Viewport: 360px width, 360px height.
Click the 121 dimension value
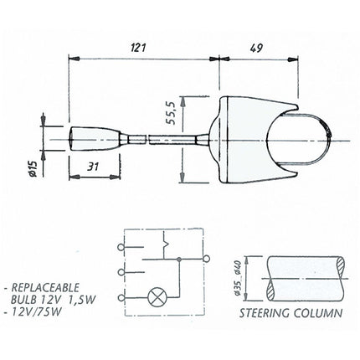(x=138, y=48)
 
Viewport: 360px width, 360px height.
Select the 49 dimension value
(x=256, y=48)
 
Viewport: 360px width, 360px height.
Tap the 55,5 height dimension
(x=170, y=112)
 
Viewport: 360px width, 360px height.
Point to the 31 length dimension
(x=93, y=167)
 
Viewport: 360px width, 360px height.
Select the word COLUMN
(x=318, y=313)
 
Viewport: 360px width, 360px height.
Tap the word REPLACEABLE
(x=45, y=287)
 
